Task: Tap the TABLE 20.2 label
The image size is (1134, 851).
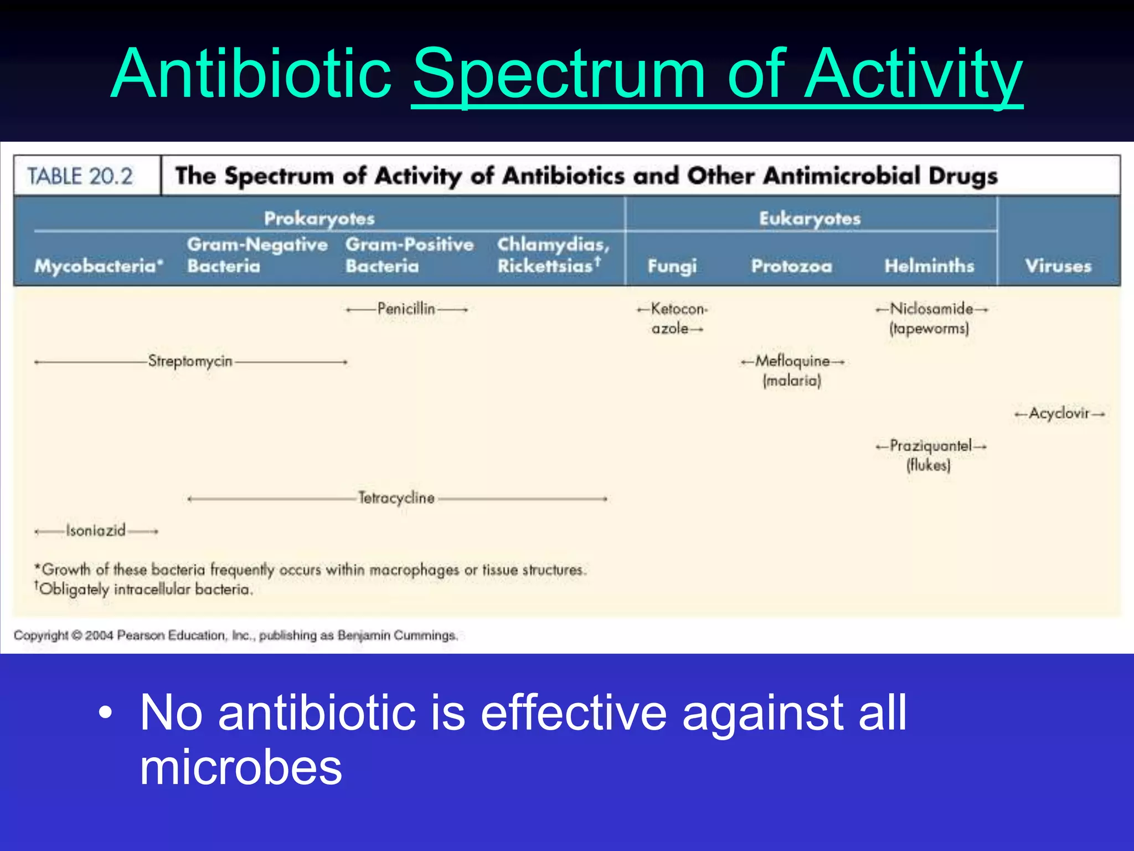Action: tap(80, 177)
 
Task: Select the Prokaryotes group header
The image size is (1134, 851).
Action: tap(319, 218)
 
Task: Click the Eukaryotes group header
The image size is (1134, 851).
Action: tap(810, 218)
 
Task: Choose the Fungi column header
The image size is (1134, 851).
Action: tap(672, 266)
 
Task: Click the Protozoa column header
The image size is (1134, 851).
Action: tap(791, 266)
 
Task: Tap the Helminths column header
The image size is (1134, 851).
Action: tap(929, 266)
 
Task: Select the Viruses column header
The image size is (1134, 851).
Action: tap(1058, 266)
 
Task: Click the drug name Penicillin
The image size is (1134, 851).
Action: tap(406, 309)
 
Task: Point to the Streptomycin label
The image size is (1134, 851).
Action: tap(190, 361)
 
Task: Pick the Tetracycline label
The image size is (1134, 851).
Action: tap(396, 498)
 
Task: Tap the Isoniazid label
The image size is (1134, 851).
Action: tap(96, 531)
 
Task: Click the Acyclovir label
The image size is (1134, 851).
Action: tap(1059, 413)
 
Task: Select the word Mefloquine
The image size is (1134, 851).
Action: tap(792, 361)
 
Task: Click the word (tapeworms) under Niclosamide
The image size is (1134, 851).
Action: tap(929, 329)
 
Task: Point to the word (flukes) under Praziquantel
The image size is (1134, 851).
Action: tap(929, 465)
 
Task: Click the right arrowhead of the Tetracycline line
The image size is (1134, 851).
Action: tap(605, 499)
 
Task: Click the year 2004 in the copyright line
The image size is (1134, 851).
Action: tap(99, 635)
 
